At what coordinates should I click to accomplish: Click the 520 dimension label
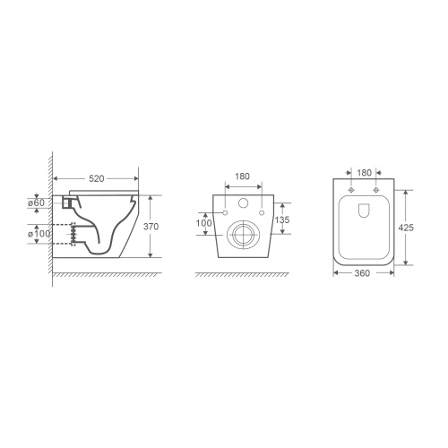(x=97, y=178)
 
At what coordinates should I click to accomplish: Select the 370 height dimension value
(x=151, y=227)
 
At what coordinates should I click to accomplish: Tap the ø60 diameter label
(x=36, y=202)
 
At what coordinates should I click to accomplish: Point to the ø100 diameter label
(x=39, y=234)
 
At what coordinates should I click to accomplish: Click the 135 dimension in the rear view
(x=282, y=220)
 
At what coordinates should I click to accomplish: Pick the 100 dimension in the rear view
(x=203, y=223)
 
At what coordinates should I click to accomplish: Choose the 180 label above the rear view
(x=242, y=177)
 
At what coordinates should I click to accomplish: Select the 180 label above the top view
(x=364, y=173)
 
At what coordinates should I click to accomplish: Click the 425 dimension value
(x=406, y=228)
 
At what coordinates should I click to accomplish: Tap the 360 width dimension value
(x=362, y=273)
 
